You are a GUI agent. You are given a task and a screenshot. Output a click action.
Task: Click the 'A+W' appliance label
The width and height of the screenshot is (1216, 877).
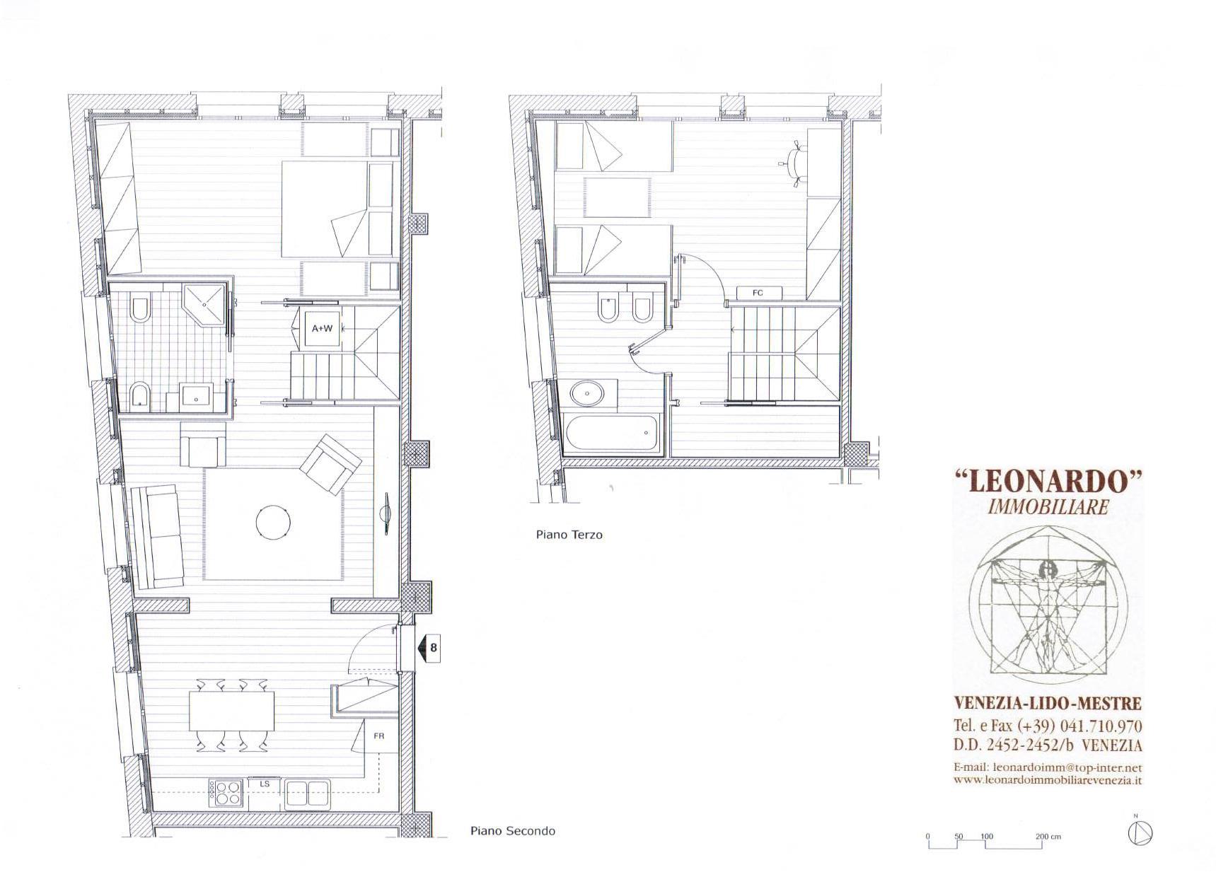pos(322,328)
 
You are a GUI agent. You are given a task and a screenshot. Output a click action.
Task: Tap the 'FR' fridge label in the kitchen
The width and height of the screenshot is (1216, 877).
pos(378,736)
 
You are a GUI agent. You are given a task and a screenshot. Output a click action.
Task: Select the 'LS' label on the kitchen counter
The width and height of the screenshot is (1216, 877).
pos(265,784)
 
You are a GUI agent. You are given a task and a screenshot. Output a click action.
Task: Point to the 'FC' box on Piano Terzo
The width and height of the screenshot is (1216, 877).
pos(758,293)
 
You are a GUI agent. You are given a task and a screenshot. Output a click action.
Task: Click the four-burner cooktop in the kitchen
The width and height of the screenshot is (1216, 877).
pos(226,792)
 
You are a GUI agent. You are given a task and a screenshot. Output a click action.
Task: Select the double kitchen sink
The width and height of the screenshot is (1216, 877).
pos(308,793)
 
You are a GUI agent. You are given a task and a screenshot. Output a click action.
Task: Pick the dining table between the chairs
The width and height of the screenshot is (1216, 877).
pos(231,712)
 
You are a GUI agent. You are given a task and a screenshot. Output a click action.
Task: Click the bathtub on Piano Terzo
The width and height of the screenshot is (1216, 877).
pos(612,433)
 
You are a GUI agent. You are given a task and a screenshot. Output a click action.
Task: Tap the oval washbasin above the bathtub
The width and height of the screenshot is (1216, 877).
pos(586,393)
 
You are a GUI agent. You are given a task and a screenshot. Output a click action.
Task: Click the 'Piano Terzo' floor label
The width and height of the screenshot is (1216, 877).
pos(569,535)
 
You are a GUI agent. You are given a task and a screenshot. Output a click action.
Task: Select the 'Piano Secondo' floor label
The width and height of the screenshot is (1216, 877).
pos(513,831)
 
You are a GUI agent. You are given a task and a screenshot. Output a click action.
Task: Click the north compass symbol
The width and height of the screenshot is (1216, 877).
pos(1136,833)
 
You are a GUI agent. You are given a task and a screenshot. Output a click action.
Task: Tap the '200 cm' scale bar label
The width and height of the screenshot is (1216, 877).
pos(1048,837)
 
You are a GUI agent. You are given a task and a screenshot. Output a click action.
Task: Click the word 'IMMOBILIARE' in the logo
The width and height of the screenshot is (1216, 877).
pos(1048,506)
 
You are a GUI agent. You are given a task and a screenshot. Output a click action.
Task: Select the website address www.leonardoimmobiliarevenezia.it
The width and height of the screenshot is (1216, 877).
pos(1048,780)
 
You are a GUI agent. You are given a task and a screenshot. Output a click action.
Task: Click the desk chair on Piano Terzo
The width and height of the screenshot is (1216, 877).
pos(796,164)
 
